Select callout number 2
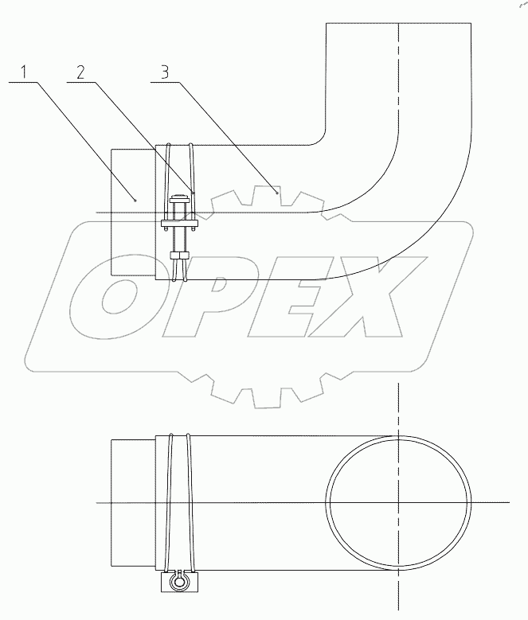point(82,72)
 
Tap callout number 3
point(164,72)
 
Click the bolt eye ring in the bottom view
point(179,583)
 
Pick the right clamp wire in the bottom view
point(190,501)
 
